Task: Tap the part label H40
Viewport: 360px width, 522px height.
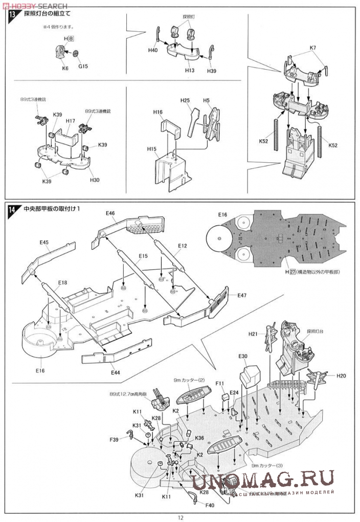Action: pyautogui.click(x=152, y=51)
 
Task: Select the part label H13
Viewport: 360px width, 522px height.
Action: pyautogui.click(x=190, y=70)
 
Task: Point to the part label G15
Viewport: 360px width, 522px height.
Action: pyautogui.click(x=83, y=66)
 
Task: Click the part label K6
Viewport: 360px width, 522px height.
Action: pyautogui.click(x=65, y=67)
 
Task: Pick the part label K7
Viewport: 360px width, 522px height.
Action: pyautogui.click(x=313, y=48)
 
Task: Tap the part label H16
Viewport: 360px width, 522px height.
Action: pyautogui.click(x=157, y=112)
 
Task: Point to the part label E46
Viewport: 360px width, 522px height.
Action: pyautogui.click(x=110, y=213)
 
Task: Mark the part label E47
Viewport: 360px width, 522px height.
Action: pyautogui.click(x=242, y=296)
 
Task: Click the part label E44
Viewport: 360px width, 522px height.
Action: pyautogui.click(x=115, y=373)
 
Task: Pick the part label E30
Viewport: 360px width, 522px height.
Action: pyautogui.click(x=243, y=356)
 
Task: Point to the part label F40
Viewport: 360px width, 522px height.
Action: pyautogui.click(x=210, y=505)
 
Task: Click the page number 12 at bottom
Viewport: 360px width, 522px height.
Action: pyautogui.click(x=181, y=517)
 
